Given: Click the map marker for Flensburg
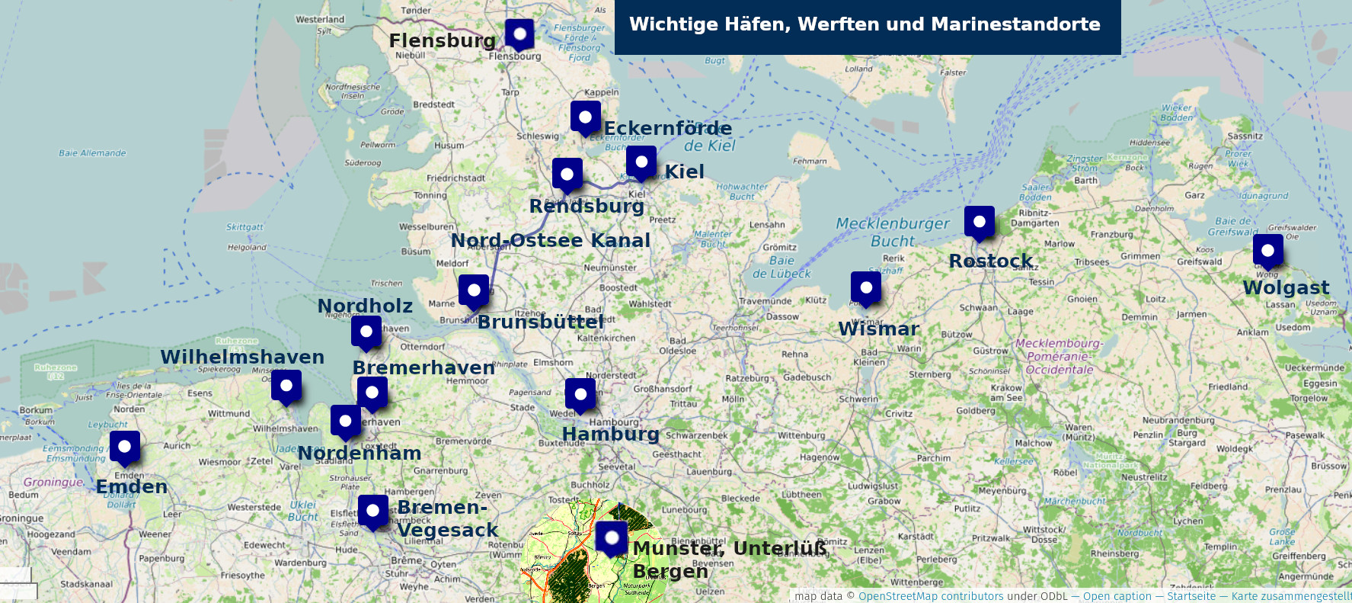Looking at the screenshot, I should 519,34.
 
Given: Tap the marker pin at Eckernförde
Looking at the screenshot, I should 585,117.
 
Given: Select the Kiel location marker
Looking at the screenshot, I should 641,162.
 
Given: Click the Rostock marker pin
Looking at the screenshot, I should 980,222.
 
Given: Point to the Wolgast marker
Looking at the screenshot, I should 1267,251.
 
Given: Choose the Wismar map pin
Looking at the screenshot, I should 866,288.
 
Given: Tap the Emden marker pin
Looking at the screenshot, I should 125,447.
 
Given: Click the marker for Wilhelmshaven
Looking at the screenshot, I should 286,386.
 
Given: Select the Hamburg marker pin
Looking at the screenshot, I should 580,394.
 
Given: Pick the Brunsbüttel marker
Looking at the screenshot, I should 474,290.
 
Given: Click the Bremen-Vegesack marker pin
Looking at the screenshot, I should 373,511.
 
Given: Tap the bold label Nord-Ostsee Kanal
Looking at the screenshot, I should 550,241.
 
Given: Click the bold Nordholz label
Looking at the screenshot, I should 365,306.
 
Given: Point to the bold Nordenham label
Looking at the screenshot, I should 359,454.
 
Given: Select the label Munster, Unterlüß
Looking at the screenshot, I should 729,549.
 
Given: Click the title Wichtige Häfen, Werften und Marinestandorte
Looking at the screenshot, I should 865,24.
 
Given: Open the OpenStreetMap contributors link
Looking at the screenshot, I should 931,596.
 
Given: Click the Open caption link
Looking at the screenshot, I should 1117,596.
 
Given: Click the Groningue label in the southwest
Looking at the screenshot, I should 53,483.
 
